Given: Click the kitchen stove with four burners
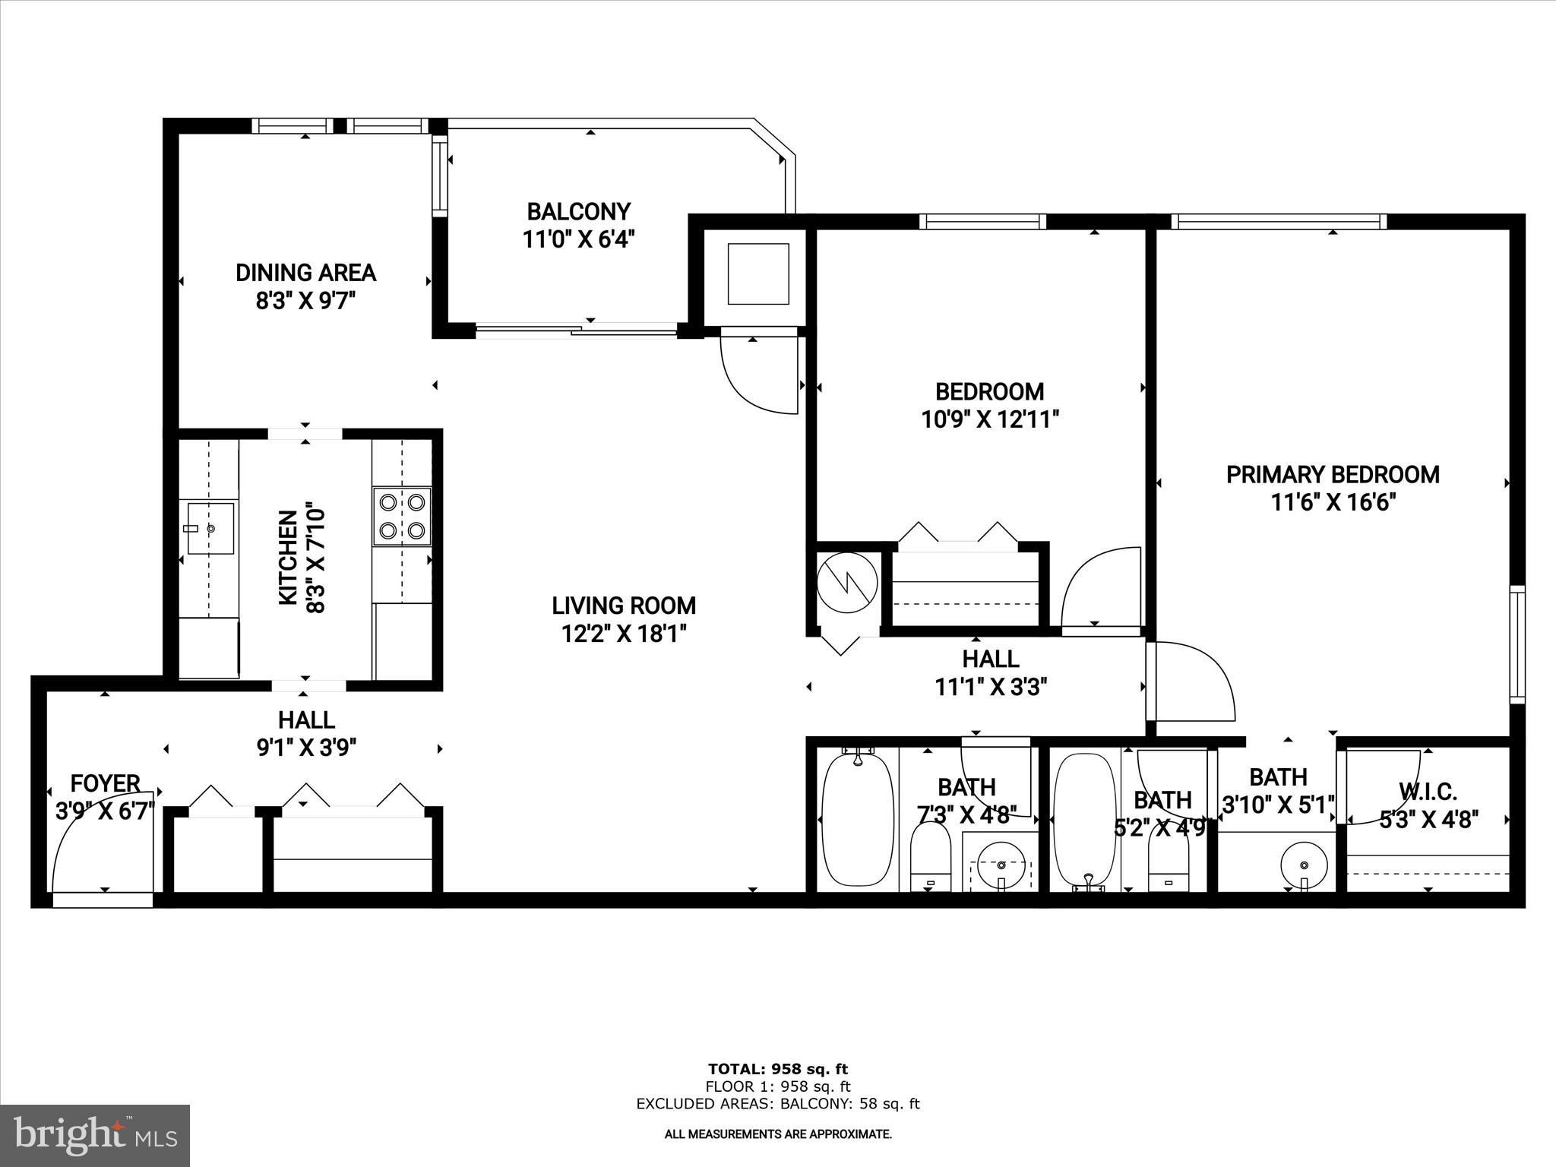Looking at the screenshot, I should pyautogui.click(x=402, y=517).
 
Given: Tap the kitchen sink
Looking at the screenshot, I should pyautogui.click(x=208, y=528).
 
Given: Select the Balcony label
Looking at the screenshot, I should pyautogui.click(x=579, y=211).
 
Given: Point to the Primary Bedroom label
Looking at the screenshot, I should pyautogui.click(x=1333, y=475).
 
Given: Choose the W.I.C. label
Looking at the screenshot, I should pyautogui.click(x=1428, y=792).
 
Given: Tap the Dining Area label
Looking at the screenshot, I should pyautogui.click(x=305, y=273).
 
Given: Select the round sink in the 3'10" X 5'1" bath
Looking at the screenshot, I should pyautogui.click(x=1304, y=865).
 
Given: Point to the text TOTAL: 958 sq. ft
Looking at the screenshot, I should pyautogui.click(x=777, y=1070).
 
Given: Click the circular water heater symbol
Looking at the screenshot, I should pyautogui.click(x=847, y=583).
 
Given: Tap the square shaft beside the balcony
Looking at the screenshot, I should pyautogui.click(x=757, y=274).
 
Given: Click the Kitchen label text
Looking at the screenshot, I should pyautogui.click(x=288, y=558).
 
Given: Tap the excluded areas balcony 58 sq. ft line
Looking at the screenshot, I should pyautogui.click(x=777, y=1104).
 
